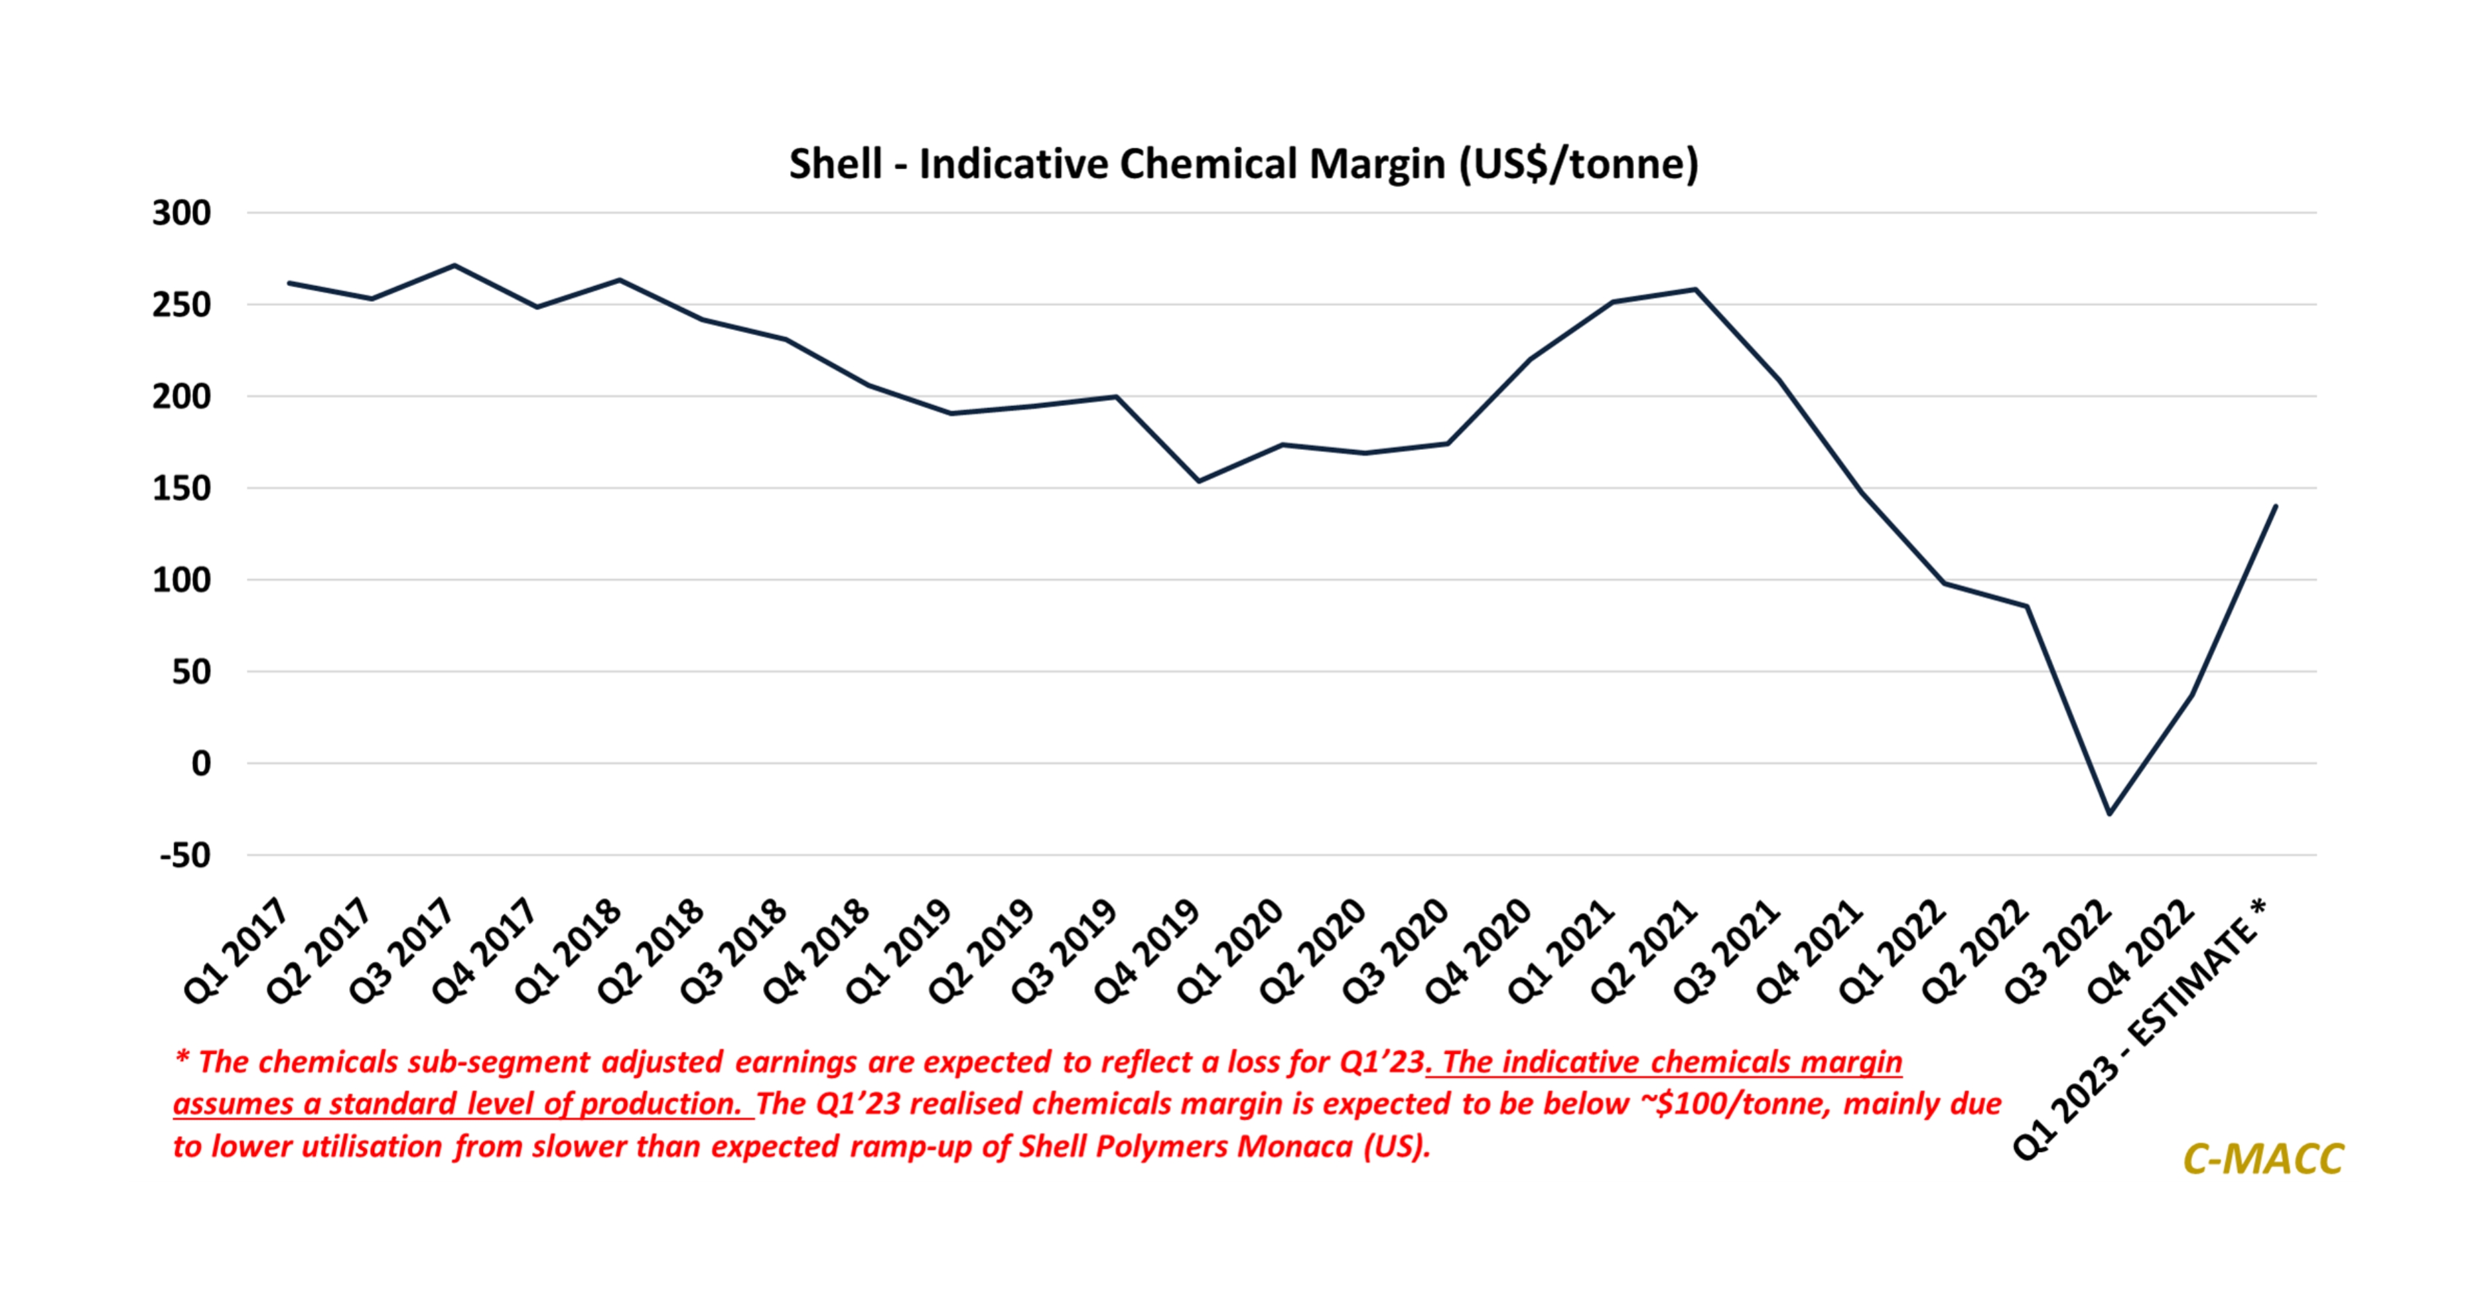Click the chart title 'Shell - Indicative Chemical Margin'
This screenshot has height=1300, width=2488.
coord(1243,163)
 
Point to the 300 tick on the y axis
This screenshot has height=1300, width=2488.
coord(182,212)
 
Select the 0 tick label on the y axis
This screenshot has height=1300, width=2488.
coord(200,763)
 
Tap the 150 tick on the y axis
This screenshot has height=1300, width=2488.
coord(182,488)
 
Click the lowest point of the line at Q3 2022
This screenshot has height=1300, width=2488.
coord(2109,813)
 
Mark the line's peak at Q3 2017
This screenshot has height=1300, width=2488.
coord(454,265)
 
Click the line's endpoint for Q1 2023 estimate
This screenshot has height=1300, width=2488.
coord(2276,506)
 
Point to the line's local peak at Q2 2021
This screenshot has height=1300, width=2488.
coord(1696,289)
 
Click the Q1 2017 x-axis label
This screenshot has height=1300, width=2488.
coord(237,952)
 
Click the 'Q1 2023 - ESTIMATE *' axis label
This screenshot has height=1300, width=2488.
coord(2139,1029)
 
